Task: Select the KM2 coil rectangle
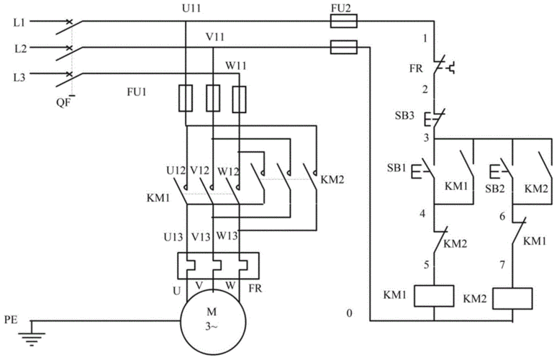point(512,298)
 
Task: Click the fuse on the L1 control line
point(343,22)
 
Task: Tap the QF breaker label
point(63,102)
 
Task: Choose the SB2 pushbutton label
point(494,188)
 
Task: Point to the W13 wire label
point(228,235)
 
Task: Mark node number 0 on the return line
point(350,313)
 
